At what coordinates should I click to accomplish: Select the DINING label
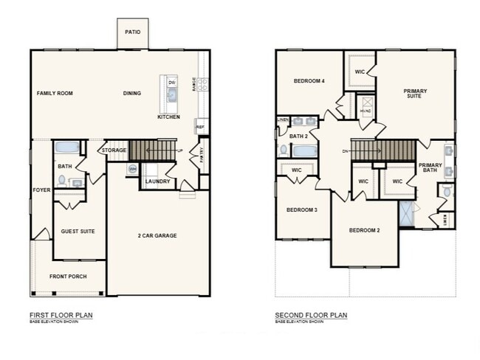[x=132, y=94]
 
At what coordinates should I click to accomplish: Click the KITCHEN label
[x=168, y=117]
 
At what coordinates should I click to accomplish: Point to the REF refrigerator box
[x=200, y=126]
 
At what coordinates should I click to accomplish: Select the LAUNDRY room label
[x=158, y=181]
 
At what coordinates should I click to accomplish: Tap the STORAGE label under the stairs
[x=114, y=150]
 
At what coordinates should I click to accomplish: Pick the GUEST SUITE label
[x=78, y=231]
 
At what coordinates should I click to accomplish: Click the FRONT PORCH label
[x=69, y=277]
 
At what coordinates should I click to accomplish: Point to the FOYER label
[x=41, y=190]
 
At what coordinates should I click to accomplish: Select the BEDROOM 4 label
[x=309, y=80]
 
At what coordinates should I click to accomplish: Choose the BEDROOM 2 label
[x=364, y=230]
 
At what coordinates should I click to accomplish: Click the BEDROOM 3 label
[x=301, y=210]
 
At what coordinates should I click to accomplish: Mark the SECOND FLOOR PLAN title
[x=311, y=315]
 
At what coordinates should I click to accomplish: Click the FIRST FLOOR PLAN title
[x=61, y=315]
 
